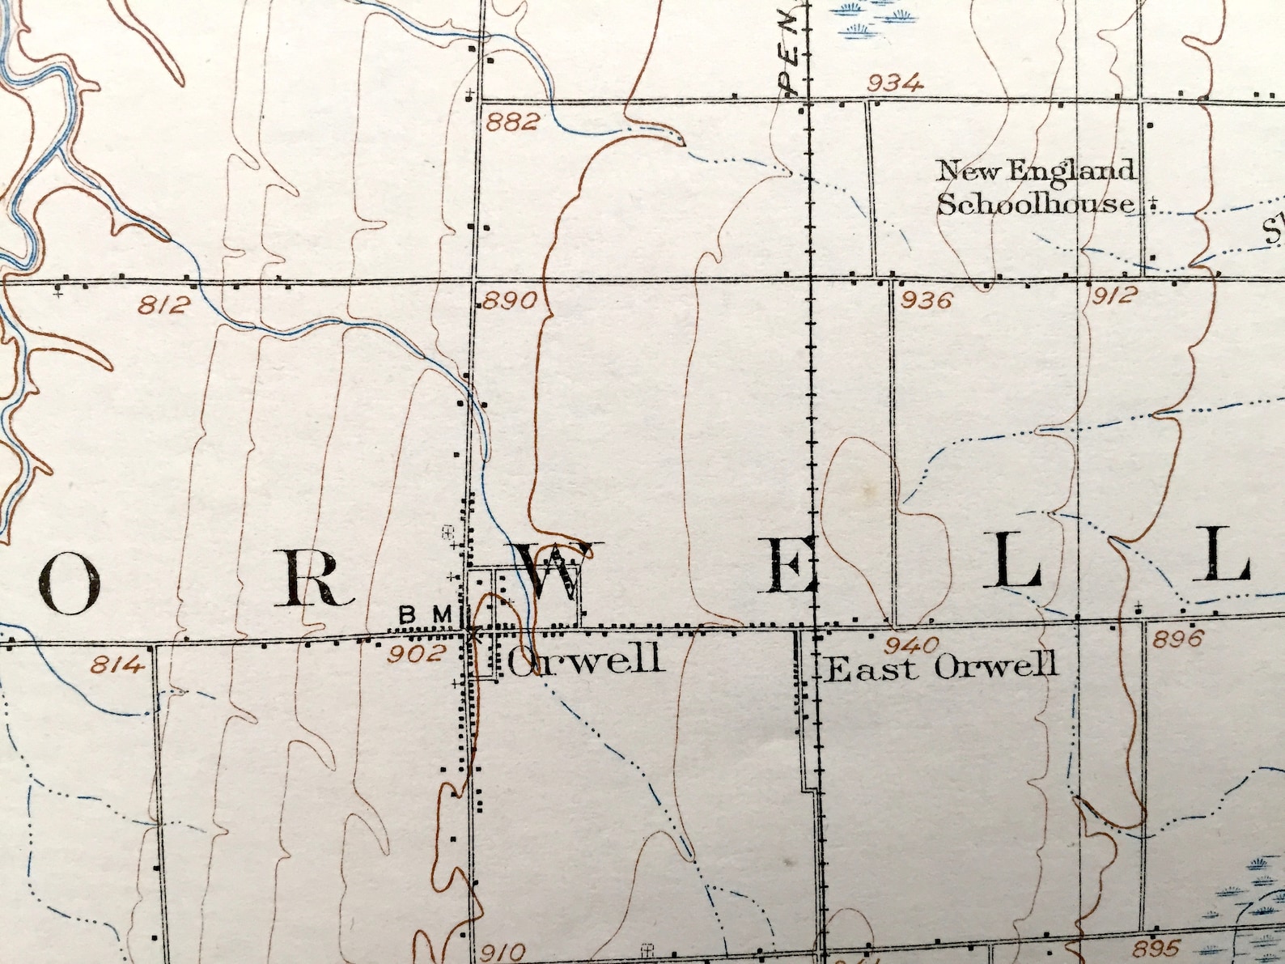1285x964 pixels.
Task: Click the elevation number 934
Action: (x=894, y=83)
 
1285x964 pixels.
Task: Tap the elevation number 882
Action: (x=512, y=122)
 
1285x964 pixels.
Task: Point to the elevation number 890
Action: (x=511, y=301)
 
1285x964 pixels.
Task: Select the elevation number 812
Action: (x=164, y=305)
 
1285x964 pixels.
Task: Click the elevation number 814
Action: (x=117, y=665)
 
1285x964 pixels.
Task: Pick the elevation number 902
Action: (x=415, y=653)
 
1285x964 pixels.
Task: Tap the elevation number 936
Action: (x=927, y=300)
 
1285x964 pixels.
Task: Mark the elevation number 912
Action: (x=1114, y=295)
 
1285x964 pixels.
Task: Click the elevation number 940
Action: (x=911, y=645)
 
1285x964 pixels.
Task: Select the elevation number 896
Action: (x=1178, y=639)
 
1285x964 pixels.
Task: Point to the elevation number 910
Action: (x=502, y=953)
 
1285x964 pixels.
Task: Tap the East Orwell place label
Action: (x=941, y=669)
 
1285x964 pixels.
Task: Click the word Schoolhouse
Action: (x=1036, y=204)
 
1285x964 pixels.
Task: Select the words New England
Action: (x=1035, y=171)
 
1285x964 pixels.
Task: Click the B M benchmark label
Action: (x=425, y=615)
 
